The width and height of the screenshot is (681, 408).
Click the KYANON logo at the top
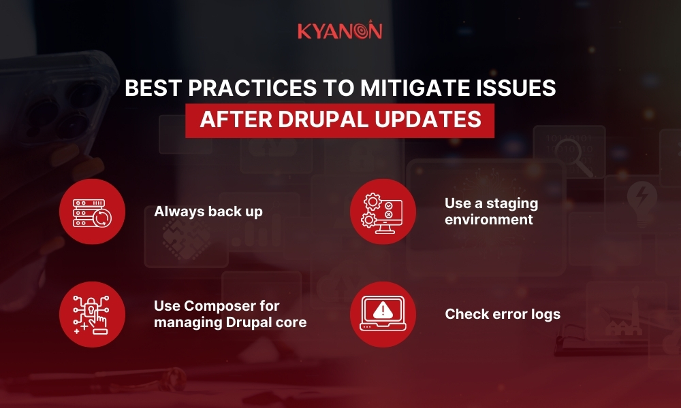340,31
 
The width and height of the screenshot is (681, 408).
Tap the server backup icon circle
93,211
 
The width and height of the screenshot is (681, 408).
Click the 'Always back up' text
208,211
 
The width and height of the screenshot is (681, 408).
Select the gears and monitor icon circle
383,211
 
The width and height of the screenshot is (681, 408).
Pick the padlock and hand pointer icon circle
93,314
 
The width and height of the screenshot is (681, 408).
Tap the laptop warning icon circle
383,314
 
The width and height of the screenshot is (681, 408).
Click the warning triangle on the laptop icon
383,310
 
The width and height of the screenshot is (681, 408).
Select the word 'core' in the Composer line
291,322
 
